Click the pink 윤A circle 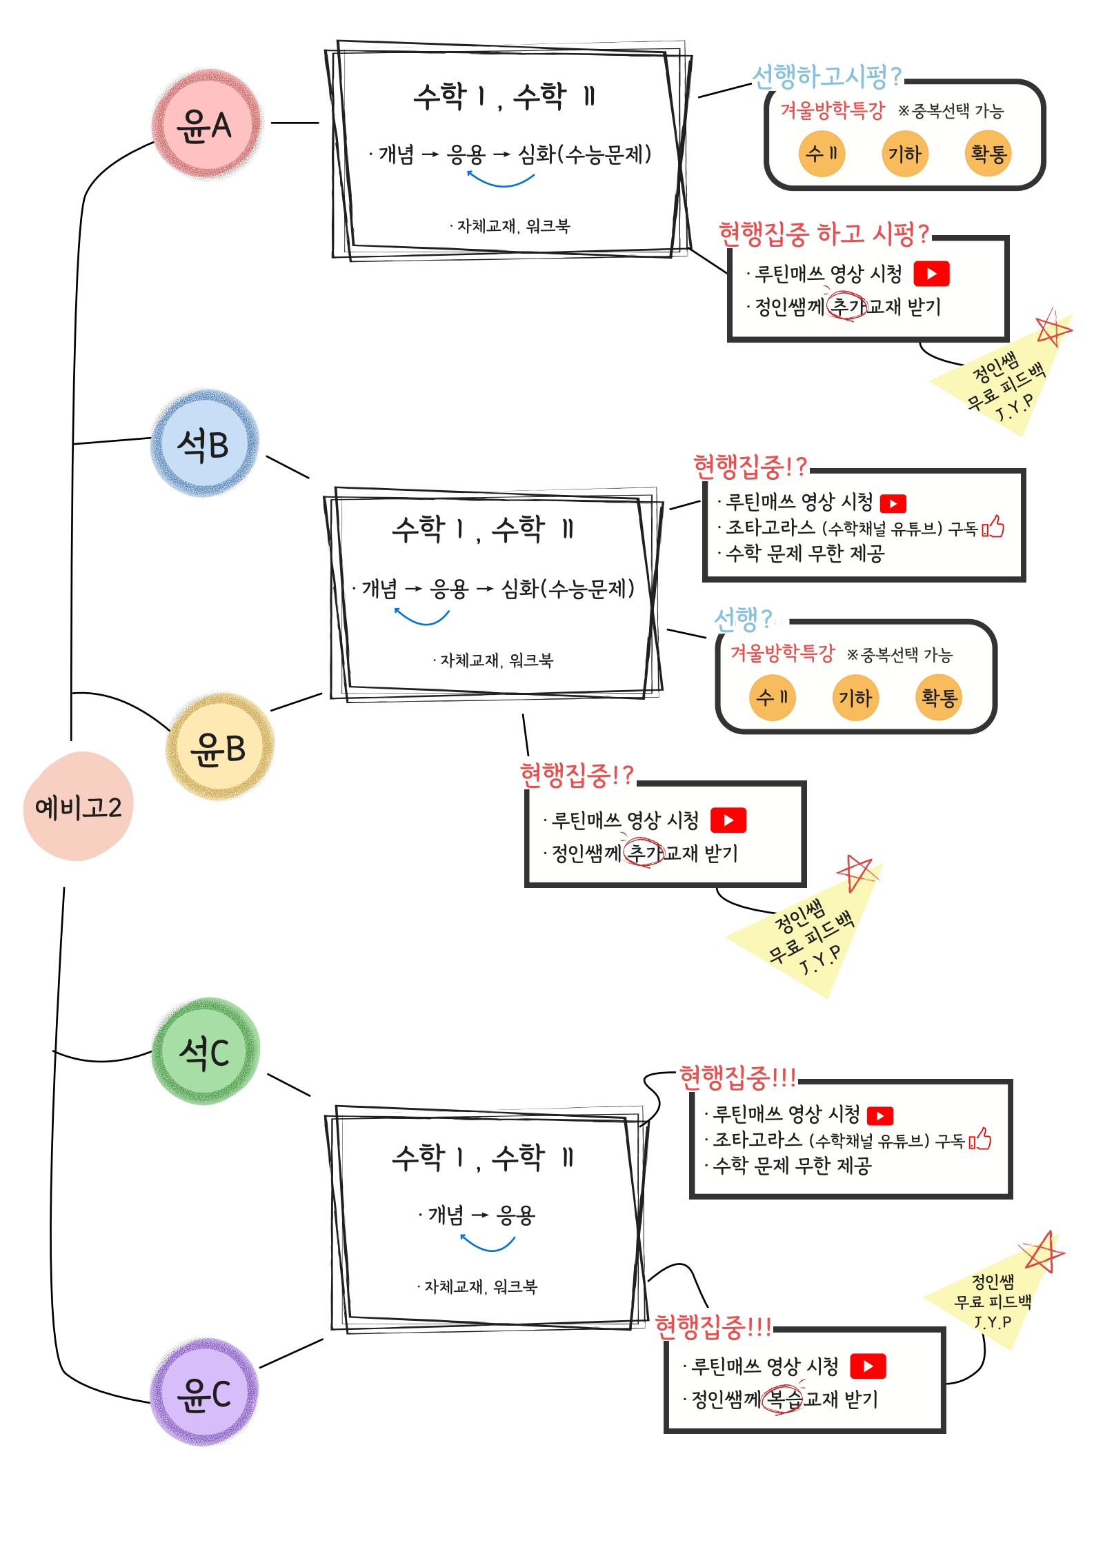coord(206,125)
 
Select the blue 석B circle coord(204,444)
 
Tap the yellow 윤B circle coord(219,747)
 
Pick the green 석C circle coord(205,1052)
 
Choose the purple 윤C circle coord(204,1393)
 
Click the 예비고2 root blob coord(78,807)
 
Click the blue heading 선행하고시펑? coord(826,77)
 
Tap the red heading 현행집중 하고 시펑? coord(824,234)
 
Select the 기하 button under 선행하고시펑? coord(904,154)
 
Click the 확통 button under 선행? coord(938,698)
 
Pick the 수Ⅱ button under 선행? coord(772,698)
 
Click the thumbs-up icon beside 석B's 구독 coord(993,527)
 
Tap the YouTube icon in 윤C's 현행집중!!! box coord(868,1366)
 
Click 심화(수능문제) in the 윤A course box coord(584,154)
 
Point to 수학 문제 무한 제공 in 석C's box coord(792,1166)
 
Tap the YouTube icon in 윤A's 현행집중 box coord(931,274)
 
